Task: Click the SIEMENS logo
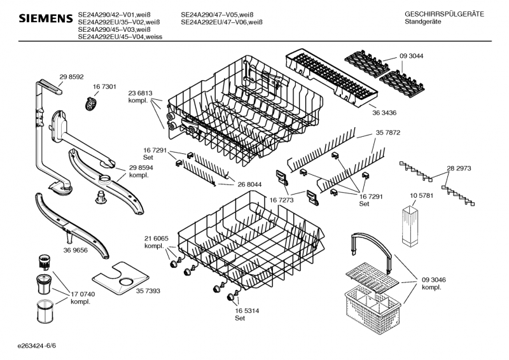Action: coord(46,18)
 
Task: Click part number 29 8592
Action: coord(71,77)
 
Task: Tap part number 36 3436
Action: coord(384,113)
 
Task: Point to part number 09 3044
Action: coord(411,56)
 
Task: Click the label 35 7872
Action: coord(388,133)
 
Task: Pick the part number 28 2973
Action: coord(459,169)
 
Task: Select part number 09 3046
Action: coord(434,280)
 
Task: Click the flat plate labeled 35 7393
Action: coord(120,278)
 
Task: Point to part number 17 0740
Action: coord(83,294)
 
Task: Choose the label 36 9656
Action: coord(75,250)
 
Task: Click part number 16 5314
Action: coord(247,311)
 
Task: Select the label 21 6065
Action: coord(157,239)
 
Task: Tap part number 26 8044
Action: coord(249,184)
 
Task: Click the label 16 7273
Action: coord(281,200)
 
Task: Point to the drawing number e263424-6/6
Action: coord(37,346)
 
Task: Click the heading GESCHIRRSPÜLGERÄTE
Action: coord(444,14)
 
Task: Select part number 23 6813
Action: coord(140,93)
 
